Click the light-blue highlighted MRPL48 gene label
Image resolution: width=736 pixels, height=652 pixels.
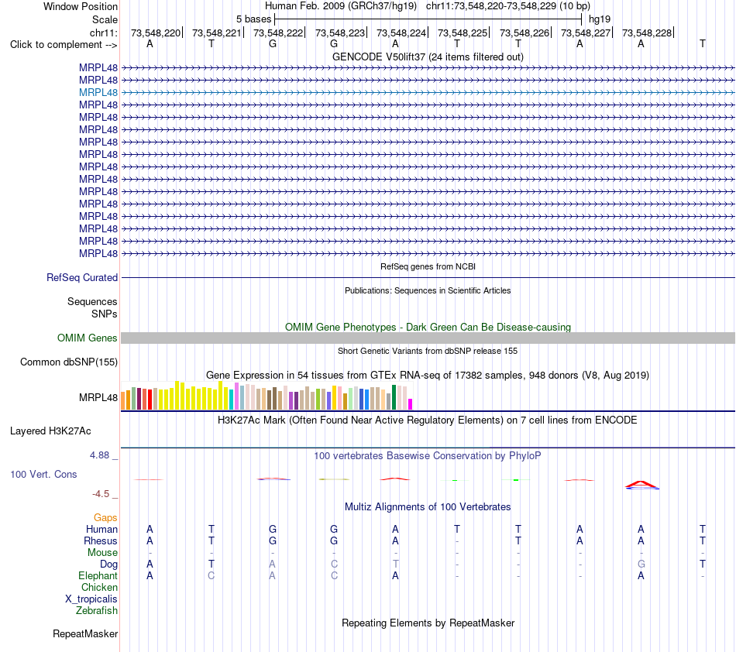(98, 92)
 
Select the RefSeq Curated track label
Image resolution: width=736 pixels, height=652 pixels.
(82, 278)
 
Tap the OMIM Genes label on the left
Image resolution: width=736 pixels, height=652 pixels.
(88, 338)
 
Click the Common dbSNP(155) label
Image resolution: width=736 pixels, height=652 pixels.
(69, 362)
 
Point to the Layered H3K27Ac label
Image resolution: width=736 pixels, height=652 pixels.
(50, 431)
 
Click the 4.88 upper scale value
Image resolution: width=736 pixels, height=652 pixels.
(99, 455)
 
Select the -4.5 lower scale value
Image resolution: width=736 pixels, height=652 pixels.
(101, 494)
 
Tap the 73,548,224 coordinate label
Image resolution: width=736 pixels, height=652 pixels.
(401, 33)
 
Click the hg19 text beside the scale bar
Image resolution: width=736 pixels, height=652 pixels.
(600, 19)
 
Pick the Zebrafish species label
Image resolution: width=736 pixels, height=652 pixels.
(97, 611)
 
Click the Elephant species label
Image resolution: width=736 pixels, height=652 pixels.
(98, 575)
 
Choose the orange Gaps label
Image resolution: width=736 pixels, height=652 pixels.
(105, 517)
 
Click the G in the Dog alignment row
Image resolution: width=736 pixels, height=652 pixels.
(641, 564)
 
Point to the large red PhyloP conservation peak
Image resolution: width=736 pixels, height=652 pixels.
(641, 484)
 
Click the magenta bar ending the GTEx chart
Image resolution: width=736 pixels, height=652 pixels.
(411, 404)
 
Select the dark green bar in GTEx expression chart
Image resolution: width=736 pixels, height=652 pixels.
(394, 397)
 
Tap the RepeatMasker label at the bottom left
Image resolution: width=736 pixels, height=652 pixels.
(85, 633)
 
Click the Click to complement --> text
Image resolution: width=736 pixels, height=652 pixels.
(64, 45)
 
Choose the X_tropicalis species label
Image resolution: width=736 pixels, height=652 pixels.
(91, 599)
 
